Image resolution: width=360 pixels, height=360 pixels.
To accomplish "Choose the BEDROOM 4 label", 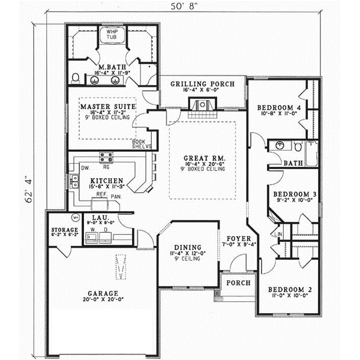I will pyautogui.click(x=278, y=108).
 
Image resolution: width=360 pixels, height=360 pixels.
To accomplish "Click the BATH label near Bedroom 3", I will pyautogui.click(x=293, y=163).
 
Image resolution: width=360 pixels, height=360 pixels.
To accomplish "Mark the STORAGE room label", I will pyautogui.click(x=65, y=230).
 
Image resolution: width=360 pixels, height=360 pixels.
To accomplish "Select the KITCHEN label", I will pyautogui.click(x=107, y=180).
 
